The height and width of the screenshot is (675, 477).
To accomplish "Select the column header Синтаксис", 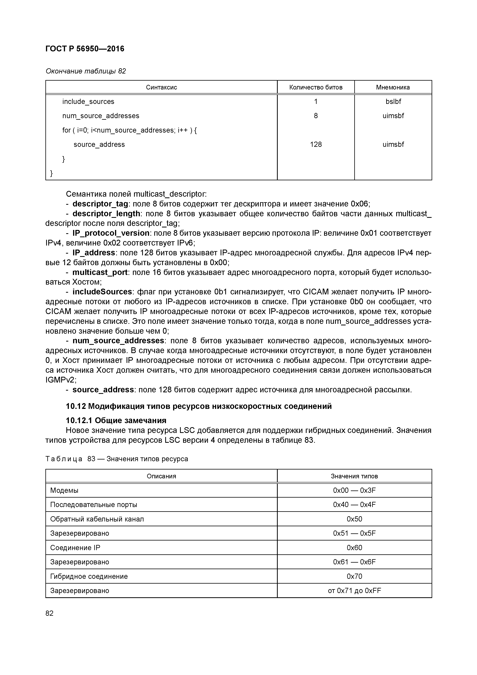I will coord(161,87).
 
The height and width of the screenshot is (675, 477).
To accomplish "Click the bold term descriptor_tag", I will coord(100,204).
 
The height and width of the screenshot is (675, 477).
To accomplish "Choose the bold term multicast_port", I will coord(100,272).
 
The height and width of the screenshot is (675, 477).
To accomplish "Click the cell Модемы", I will coord(64,490).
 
